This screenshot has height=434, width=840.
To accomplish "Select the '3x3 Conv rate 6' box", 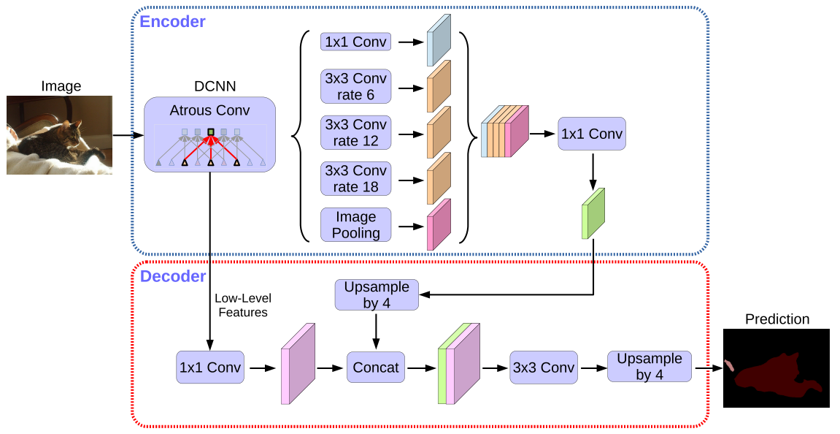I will click(355, 87).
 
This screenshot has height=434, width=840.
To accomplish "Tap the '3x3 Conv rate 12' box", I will click(355, 132).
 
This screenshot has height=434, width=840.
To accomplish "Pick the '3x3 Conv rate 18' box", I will click(355, 179).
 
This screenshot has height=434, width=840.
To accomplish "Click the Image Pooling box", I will click(355, 225).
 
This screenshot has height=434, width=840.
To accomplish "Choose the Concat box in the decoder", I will click(376, 368).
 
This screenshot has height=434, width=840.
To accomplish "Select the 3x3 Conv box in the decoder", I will click(543, 368).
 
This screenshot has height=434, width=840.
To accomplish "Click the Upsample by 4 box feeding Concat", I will click(377, 295).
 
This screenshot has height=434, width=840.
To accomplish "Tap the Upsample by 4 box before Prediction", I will click(649, 366).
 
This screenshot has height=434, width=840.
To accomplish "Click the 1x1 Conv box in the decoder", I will click(209, 368).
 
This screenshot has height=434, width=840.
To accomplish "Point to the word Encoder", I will click(172, 22).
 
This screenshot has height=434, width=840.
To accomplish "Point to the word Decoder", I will click(173, 277).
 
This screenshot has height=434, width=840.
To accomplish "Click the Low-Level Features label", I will click(241, 305).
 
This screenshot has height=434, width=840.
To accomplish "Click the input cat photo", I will click(59, 135).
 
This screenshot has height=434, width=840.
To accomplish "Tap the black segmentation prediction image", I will click(777, 368).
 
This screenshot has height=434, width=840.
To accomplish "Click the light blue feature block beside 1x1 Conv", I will click(439, 42).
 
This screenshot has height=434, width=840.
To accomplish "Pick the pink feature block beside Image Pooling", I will click(438, 224).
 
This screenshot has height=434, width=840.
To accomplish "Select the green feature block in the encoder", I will click(593, 213).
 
